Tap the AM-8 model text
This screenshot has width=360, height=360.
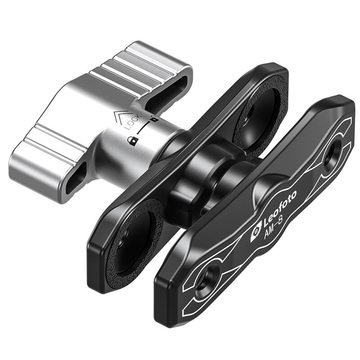pyautogui.click(x=274, y=229)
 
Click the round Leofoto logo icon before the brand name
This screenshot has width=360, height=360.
pyautogui.click(x=256, y=234)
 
